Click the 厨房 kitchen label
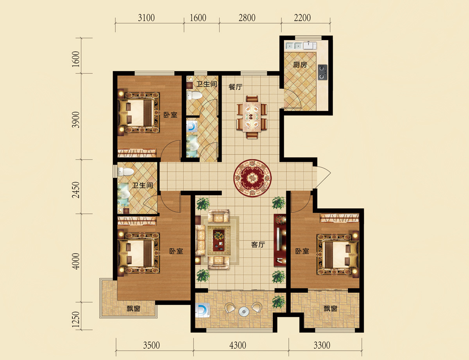300,64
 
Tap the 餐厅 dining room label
235,87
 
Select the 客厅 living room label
258,245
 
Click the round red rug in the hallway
252,178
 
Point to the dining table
252,117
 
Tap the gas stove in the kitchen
322,72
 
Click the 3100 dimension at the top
146,18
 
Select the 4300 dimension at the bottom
238,345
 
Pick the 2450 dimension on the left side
76,190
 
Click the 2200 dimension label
302,18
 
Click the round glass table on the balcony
244,312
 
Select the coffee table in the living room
218,240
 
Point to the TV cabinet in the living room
280,240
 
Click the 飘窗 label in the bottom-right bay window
330,309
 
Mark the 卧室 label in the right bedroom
302,251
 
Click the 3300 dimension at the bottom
322,345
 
